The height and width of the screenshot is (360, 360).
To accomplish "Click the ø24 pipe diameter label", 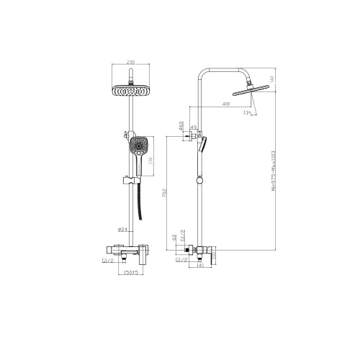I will pyautogui.click(x=124, y=230).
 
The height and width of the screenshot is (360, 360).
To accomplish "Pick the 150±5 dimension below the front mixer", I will pyautogui.click(x=130, y=273).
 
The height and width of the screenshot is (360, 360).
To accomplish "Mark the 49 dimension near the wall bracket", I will pyautogui.click(x=193, y=127).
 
